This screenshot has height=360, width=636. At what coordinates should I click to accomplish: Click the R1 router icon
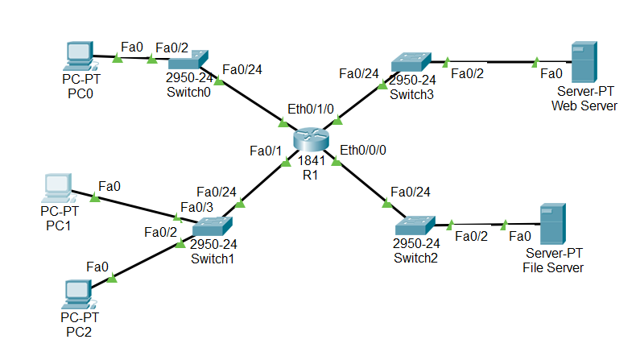click(311, 139)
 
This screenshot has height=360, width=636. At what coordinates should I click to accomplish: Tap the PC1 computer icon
click(59, 188)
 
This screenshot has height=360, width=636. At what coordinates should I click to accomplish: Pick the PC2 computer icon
click(79, 294)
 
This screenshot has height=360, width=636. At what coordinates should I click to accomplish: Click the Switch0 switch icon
click(188, 60)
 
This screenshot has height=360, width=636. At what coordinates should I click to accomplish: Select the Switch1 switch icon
click(213, 226)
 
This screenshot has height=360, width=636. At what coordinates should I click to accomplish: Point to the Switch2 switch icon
click(415, 226)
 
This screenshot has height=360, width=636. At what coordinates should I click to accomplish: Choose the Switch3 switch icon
click(411, 62)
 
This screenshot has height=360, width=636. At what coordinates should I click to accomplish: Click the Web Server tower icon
click(584, 62)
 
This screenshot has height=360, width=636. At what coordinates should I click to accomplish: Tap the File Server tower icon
click(553, 224)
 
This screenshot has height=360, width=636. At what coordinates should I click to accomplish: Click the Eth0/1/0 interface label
click(311, 109)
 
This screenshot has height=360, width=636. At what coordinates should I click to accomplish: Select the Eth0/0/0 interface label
click(363, 150)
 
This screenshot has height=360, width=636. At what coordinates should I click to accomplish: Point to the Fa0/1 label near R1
click(266, 151)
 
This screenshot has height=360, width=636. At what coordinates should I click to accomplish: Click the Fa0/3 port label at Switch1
click(196, 208)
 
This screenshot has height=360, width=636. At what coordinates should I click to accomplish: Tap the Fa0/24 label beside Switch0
click(242, 70)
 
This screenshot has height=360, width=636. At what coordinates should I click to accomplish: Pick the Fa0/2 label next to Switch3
click(467, 73)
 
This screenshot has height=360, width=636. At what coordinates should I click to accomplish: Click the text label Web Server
click(584, 106)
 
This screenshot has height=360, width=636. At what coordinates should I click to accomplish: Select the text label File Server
click(553, 268)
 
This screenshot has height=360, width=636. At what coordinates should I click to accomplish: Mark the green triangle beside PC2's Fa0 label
click(112, 278)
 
